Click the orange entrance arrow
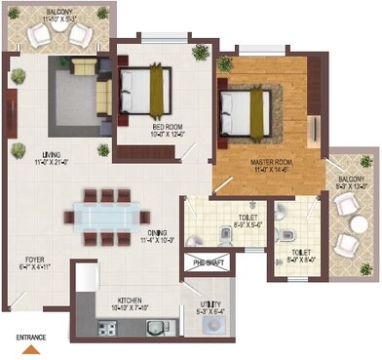tap(32, 347)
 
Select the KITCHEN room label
tap(132, 301)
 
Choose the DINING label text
tap(157, 232)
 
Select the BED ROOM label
tap(167, 127)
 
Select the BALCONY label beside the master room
tap(351, 180)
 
